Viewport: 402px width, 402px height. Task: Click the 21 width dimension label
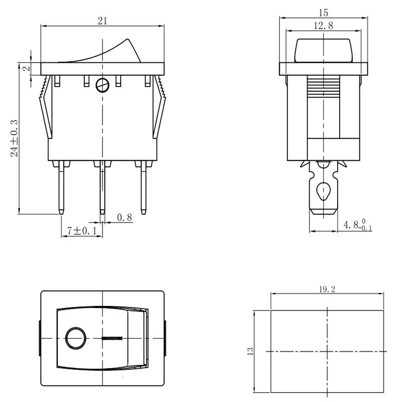coord(103,21)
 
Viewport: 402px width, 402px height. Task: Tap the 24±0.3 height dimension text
coord(15,138)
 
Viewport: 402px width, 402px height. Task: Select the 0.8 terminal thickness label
coord(125,218)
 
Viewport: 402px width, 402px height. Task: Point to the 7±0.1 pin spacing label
coord(82,231)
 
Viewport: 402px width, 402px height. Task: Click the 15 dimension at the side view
coord(324,13)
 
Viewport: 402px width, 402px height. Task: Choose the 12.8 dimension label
coord(324,26)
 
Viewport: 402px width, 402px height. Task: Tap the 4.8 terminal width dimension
coord(358,225)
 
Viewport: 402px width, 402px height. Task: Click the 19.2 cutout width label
coord(327,289)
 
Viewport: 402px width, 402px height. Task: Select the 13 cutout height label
coord(250,351)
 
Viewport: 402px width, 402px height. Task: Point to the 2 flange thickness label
coord(27,69)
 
